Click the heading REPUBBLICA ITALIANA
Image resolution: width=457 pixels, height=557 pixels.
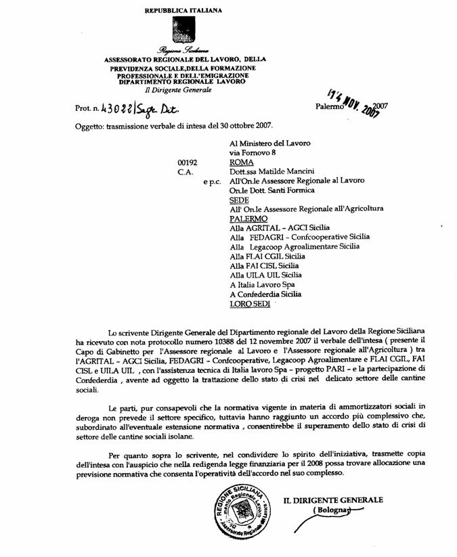tap(183, 11)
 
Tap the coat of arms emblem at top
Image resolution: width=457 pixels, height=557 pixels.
tap(183, 30)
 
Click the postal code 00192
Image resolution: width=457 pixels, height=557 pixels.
tap(188, 162)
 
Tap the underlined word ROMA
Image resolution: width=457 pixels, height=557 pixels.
tap(242, 162)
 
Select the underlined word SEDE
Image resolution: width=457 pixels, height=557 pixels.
tap(239, 200)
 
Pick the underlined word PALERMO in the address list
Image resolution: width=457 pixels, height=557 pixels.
tap(248, 219)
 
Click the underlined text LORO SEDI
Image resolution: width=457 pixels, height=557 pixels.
tap(250, 305)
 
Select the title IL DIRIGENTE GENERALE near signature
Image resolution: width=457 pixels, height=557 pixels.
tap(332, 500)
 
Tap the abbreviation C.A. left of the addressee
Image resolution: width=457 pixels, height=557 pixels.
tap(186, 172)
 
